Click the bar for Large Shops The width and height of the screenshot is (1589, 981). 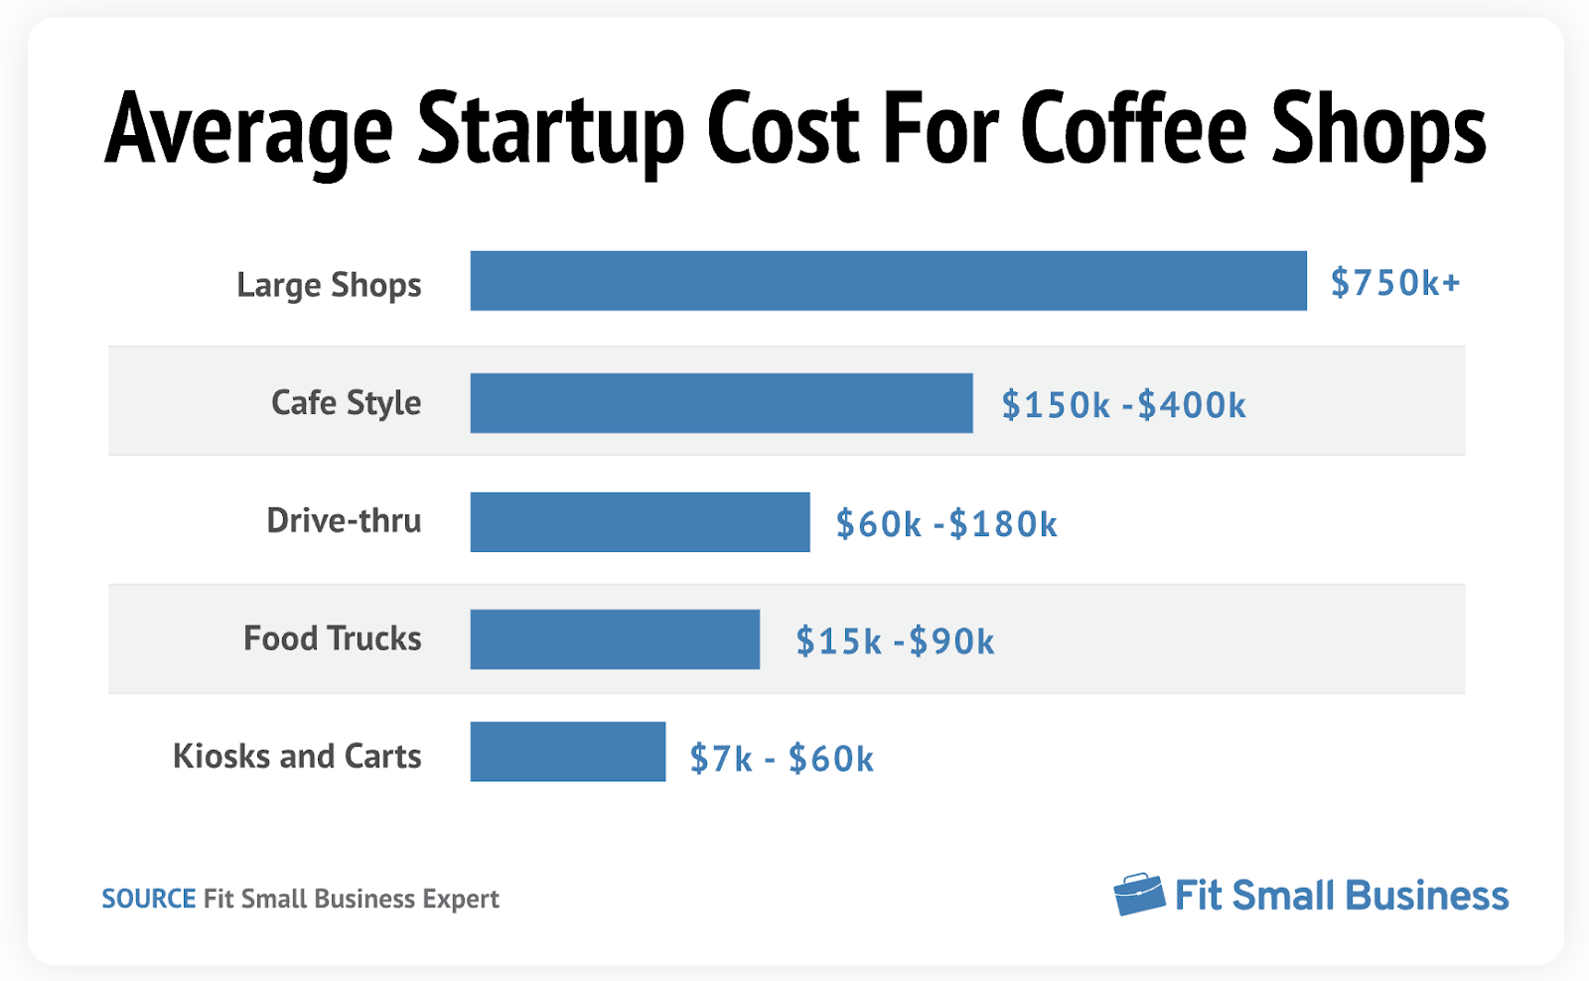888,281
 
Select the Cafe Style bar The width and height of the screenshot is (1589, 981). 721,403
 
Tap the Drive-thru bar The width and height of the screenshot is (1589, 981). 640,522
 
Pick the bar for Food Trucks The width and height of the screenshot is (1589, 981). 615,639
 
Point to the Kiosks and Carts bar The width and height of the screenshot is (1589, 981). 567,752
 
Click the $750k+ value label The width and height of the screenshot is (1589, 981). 1395,283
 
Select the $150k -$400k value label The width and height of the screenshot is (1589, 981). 1123,405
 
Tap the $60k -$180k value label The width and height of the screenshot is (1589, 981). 946,524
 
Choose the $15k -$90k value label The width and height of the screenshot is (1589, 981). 895,641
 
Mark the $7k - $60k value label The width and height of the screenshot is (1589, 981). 782,760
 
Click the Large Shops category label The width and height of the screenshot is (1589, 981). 329,285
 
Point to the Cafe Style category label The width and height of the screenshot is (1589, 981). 346,402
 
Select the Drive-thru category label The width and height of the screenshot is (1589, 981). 344,520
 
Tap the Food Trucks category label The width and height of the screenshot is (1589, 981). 333,637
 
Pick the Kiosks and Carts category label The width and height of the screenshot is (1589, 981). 297,756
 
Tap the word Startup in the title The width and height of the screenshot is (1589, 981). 550,131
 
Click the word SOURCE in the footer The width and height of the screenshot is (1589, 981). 149,899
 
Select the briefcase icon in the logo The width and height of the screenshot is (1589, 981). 1138,895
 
